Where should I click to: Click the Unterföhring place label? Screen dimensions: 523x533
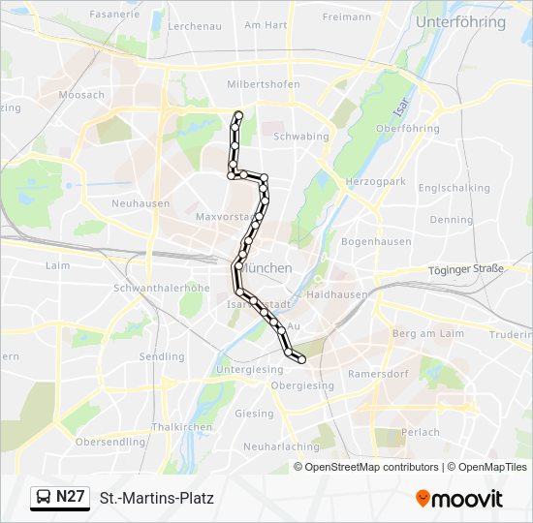click(x=460, y=21)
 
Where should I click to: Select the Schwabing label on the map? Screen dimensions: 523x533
click(x=301, y=137)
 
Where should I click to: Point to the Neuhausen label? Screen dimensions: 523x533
click(x=141, y=203)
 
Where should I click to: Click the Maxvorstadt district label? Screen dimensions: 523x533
click(x=225, y=216)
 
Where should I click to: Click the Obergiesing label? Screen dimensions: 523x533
click(x=302, y=385)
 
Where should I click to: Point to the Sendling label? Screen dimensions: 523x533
click(x=162, y=356)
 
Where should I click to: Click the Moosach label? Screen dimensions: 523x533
click(x=81, y=95)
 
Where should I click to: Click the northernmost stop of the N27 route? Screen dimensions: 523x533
click(x=238, y=115)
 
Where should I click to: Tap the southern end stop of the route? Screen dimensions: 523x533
click(x=301, y=359)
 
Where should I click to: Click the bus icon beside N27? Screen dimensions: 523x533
click(x=45, y=498)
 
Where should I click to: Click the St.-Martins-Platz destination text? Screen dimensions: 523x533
click(x=156, y=499)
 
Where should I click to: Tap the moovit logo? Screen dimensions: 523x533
click(x=459, y=499)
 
